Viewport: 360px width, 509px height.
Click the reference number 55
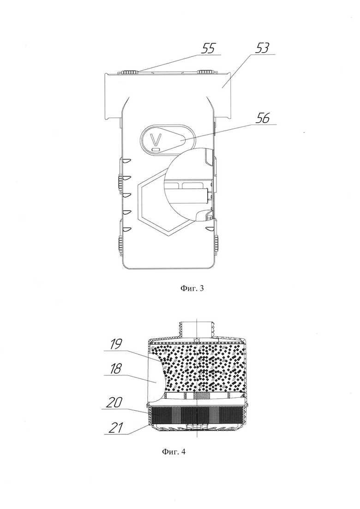pos(208,49)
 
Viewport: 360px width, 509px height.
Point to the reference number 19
pos(116,344)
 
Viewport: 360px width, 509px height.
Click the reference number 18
pos(116,369)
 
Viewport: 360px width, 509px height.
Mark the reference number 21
pos(115,428)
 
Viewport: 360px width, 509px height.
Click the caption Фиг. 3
pos(192,288)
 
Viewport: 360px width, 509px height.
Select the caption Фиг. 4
pos(174,451)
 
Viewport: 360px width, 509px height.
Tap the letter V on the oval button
pos(156,140)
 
